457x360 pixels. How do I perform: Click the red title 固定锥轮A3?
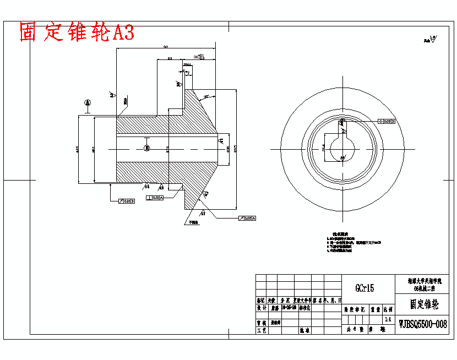77,33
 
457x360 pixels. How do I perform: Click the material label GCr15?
364,287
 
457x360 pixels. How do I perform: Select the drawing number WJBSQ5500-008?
423,325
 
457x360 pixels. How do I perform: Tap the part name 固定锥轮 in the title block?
423,304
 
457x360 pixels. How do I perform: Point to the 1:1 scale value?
387,319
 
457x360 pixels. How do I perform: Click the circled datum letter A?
87,102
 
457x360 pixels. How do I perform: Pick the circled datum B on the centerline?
146,149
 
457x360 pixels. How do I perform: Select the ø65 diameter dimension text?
78,149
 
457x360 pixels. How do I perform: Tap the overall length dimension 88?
166,47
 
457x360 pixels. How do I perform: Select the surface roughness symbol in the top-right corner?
429,39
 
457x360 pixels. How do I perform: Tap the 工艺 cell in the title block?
261,331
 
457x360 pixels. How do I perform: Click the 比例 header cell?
388,310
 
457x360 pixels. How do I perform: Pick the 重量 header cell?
375,310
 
